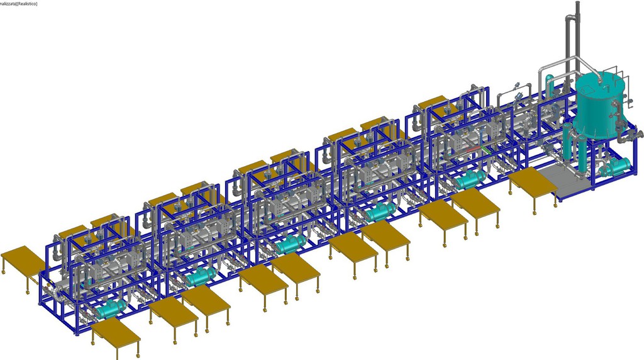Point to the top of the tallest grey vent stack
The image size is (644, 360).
point(577,3)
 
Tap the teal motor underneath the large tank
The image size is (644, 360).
point(616,166)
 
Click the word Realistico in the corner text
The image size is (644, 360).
point(26,4)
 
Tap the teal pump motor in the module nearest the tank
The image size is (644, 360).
point(470,179)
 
